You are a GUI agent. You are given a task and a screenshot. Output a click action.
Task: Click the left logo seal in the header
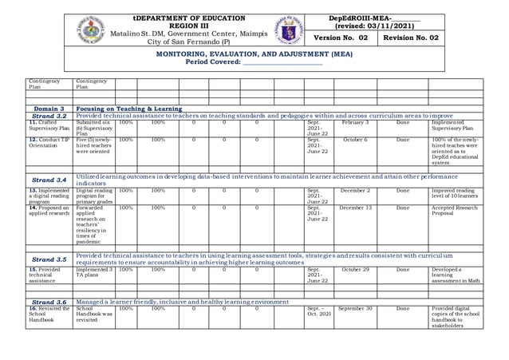click(91, 30)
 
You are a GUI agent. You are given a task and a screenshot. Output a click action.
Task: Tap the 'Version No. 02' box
click(341, 38)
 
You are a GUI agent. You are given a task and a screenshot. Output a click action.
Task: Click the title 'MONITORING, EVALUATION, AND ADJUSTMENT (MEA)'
click(254, 53)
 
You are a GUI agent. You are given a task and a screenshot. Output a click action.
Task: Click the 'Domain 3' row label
click(49, 108)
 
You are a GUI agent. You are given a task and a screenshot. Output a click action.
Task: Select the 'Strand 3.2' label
click(49, 116)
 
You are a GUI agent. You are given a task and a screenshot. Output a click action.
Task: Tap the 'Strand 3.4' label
click(49, 180)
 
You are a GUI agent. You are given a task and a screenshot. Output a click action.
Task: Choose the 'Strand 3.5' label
click(49, 259)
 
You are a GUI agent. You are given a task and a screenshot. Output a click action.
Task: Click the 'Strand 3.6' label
click(49, 302)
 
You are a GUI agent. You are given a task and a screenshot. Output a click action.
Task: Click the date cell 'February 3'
click(355, 123)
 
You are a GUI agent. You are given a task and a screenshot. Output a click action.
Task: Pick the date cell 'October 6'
click(355, 140)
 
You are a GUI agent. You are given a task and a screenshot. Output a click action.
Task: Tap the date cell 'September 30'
click(355, 309)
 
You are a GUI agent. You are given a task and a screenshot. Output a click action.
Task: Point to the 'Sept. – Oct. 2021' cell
click(318, 311)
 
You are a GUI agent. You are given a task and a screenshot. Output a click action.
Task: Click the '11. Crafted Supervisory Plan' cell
click(49, 126)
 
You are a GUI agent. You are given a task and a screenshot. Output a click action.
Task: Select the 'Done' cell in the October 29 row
click(403, 270)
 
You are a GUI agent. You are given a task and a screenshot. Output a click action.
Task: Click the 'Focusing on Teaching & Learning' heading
click(128, 108)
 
